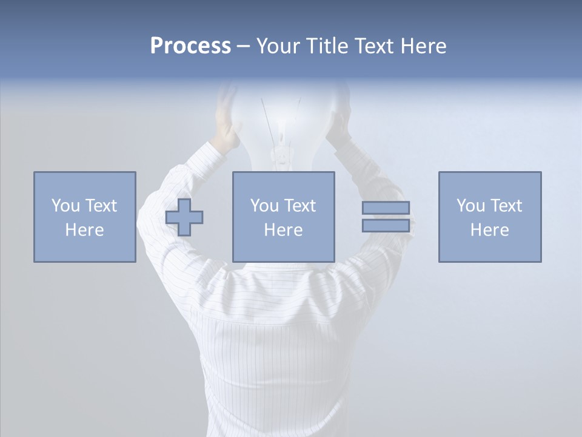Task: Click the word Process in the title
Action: (190, 46)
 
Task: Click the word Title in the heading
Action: (326, 46)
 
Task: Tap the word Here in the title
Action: (424, 46)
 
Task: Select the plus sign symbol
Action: (184, 217)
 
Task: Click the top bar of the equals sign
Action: (386, 208)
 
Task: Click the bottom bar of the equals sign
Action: (386, 226)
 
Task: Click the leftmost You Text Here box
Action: (85, 217)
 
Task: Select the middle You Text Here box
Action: (284, 217)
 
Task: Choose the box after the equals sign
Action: (490, 217)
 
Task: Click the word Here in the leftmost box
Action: (85, 230)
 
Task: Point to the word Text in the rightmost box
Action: (506, 206)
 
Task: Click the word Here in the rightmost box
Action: (490, 230)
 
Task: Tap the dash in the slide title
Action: (244, 46)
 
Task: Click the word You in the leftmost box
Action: (65, 206)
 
